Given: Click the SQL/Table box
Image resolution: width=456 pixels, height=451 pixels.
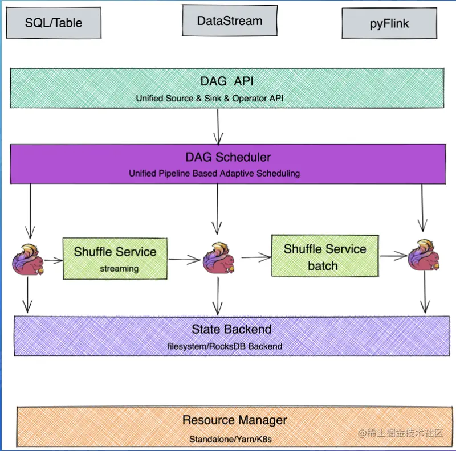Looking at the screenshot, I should pyautogui.click(x=54, y=23).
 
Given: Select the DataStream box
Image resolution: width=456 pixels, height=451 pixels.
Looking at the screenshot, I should pyautogui.click(x=230, y=21).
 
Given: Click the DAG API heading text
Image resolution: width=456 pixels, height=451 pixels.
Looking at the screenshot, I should pyautogui.click(x=227, y=81).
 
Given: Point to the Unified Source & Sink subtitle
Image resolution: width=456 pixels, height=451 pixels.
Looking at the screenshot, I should pyautogui.click(x=210, y=98).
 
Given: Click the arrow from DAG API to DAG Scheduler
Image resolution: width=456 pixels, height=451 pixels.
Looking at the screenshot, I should pyautogui.click(x=218, y=125).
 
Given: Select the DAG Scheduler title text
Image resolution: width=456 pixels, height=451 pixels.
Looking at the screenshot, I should pyautogui.click(x=228, y=157).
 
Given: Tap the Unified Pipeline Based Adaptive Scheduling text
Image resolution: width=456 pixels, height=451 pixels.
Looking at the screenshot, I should pyautogui.click(x=214, y=173).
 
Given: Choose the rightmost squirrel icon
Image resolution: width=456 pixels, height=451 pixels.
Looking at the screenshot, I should pyautogui.click(x=424, y=255).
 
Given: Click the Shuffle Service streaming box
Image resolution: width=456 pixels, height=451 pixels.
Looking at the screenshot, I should pyautogui.click(x=115, y=258).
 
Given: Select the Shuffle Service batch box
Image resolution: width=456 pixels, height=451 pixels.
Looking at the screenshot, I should pyautogui.click(x=325, y=256).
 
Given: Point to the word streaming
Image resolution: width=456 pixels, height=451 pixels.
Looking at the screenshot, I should pyautogui.click(x=119, y=268).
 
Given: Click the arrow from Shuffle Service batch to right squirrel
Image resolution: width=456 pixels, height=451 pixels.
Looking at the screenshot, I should pyautogui.click(x=393, y=256).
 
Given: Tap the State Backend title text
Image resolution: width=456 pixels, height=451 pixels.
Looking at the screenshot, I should pyautogui.click(x=231, y=329).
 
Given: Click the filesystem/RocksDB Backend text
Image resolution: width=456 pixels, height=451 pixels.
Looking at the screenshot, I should pyautogui.click(x=225, y=346).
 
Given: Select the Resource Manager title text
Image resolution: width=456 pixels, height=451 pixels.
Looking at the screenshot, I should pyautogui.click(x=234, y=420).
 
